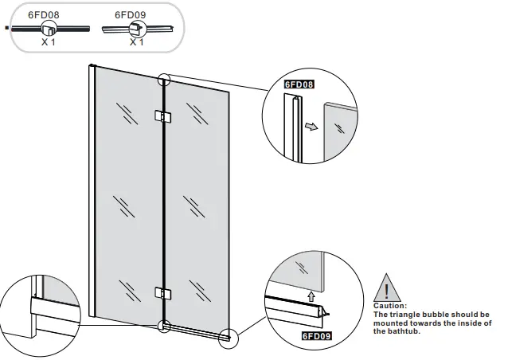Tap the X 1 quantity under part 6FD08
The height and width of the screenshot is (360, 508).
click(49, 41)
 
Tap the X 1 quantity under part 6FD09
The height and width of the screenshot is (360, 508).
click(137, 41)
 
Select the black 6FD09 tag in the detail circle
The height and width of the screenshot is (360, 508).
click(316, 336)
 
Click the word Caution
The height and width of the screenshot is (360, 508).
click(390, 305)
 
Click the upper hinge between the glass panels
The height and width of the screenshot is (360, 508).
click(162, 117)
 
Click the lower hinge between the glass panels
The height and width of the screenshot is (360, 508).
click(162, 292)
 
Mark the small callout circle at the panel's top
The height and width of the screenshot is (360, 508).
click(165, 80)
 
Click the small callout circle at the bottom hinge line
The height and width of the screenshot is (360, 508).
click(164, 326)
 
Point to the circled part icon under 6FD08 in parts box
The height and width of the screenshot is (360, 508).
click(48, 29)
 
